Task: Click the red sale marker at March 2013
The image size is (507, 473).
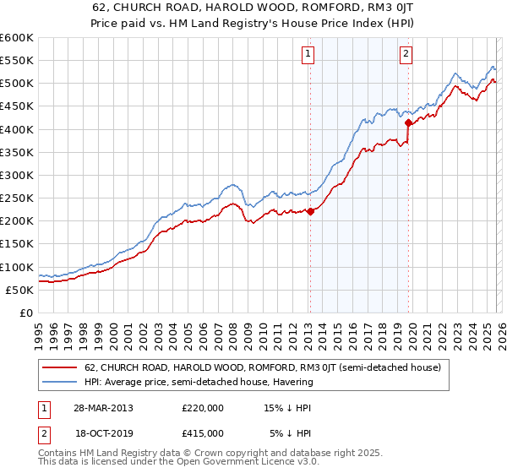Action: pos(310,212)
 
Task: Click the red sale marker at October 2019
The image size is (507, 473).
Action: pos(408,122)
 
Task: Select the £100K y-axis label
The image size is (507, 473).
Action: pos(16,267)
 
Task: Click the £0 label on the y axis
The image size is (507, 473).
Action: pos(25,313)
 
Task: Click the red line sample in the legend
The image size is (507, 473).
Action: pos(60,367)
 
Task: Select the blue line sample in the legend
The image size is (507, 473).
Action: pos(60,382)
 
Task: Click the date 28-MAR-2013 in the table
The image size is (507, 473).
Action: pos(102,407)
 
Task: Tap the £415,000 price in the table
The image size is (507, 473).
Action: pos(203,432)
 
